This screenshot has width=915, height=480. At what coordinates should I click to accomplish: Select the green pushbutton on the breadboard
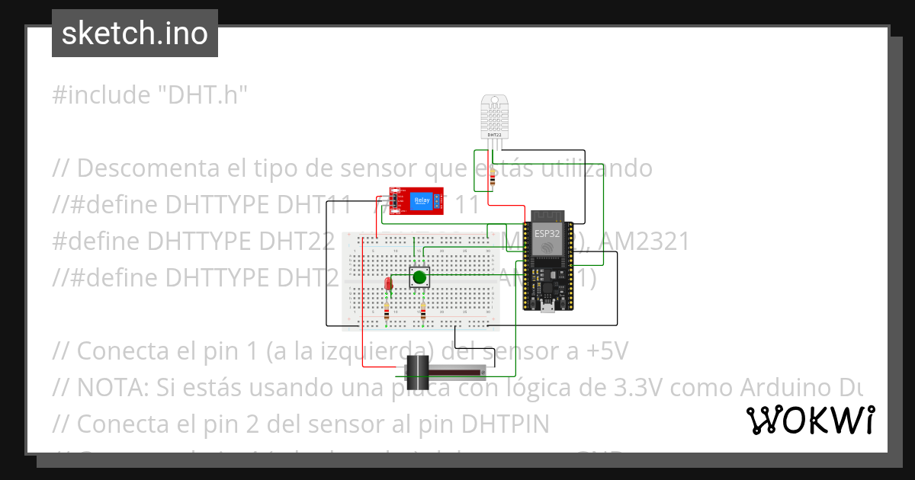pos(419,277)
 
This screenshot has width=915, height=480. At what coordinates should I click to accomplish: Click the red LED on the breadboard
pos(388,283)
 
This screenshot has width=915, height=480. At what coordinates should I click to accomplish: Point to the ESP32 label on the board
pos(546,234)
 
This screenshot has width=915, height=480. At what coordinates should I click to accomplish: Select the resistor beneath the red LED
pos(387,312)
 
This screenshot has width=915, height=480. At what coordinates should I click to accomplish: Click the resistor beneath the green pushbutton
pos(423,312)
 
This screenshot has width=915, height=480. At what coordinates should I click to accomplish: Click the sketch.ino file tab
pos(135,34)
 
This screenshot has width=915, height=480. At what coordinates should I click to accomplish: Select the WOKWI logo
pos(810,420)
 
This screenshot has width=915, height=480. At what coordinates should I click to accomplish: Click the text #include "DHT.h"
pos(150,95)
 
